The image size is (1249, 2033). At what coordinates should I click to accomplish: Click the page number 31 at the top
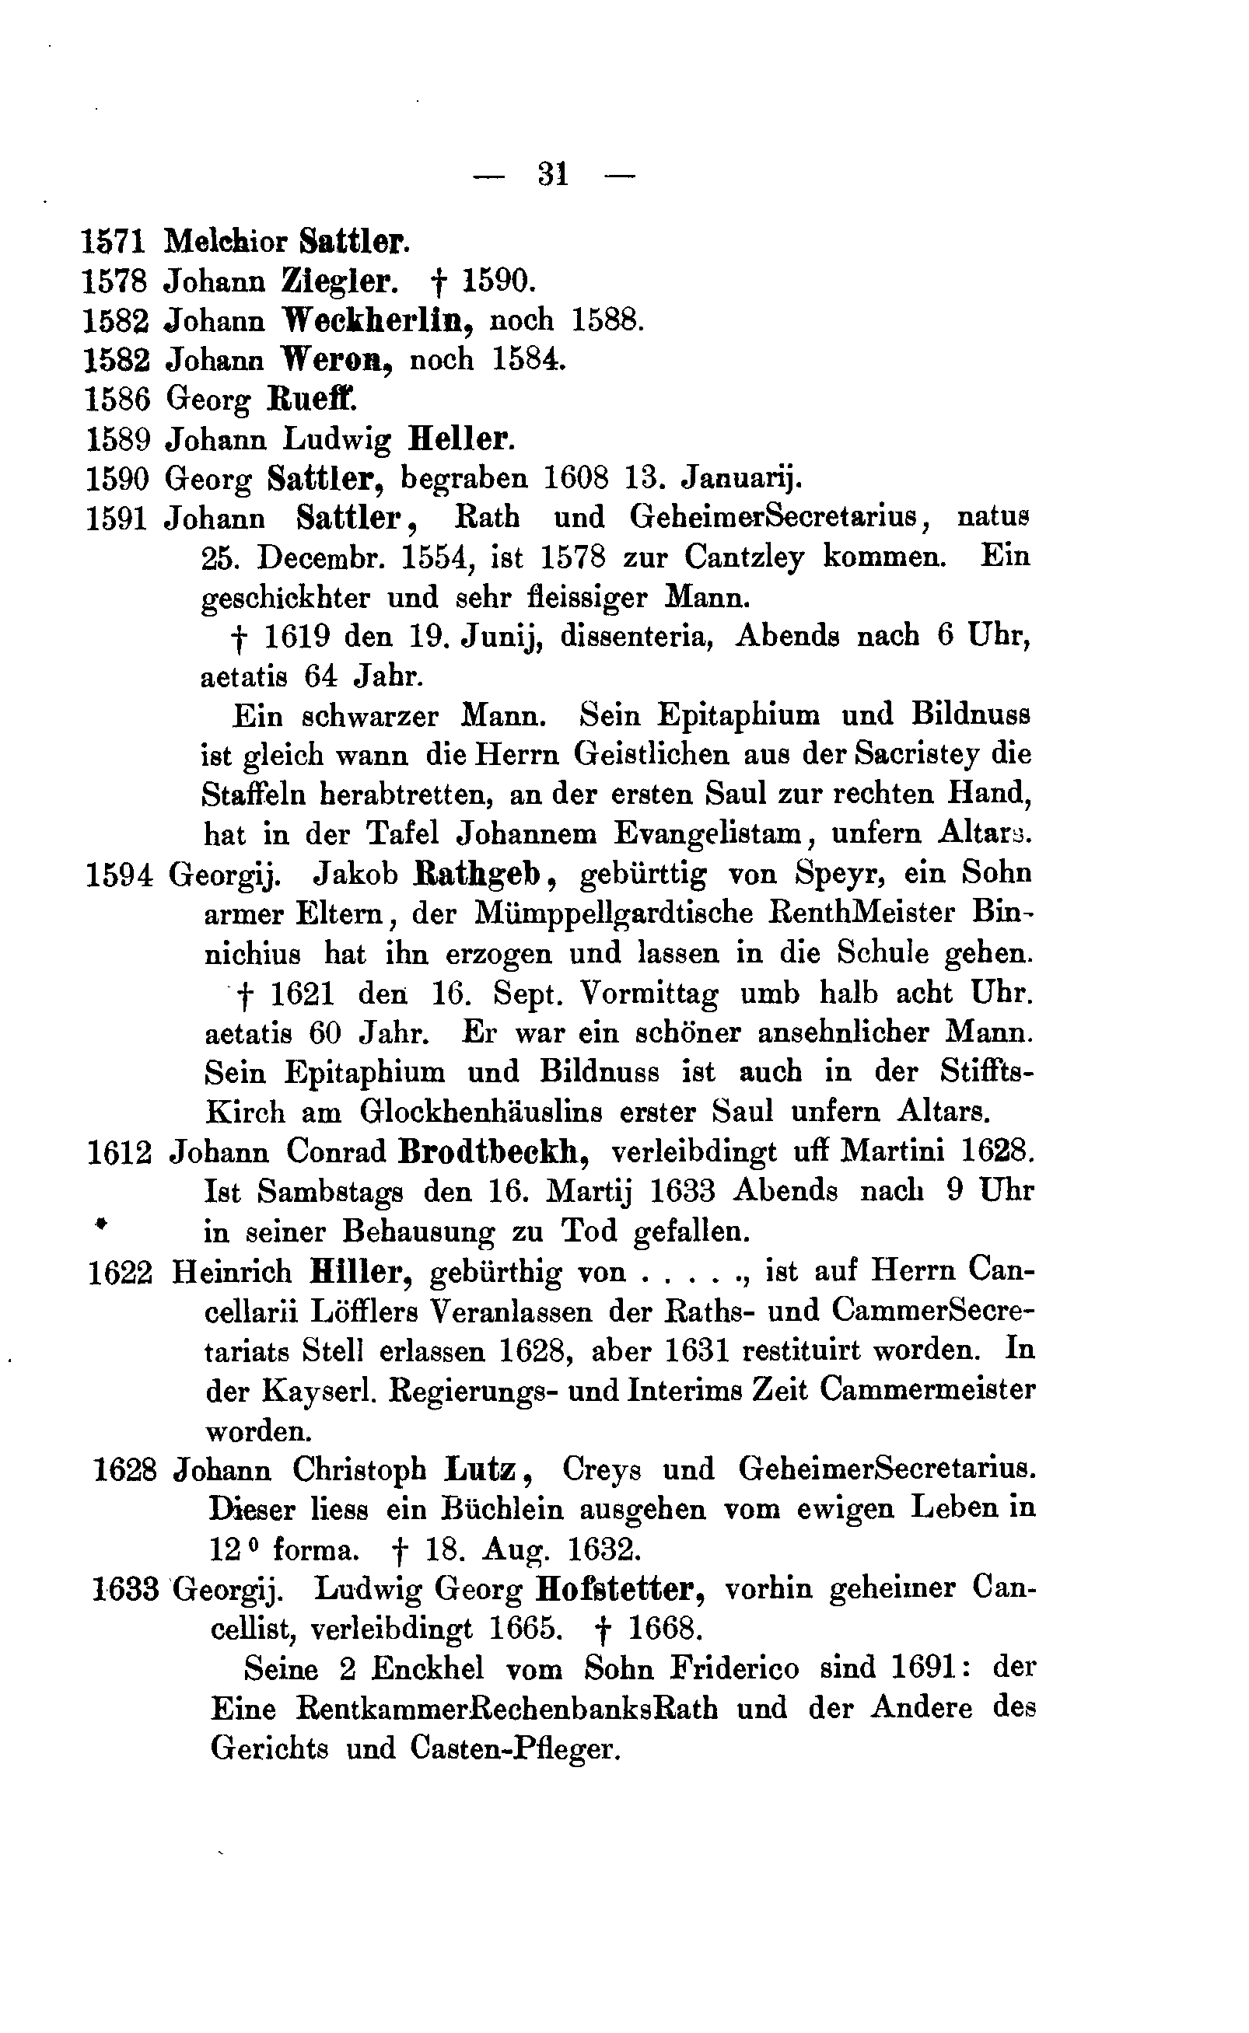[553, 174]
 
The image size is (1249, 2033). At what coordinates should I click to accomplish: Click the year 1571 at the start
[114, 241]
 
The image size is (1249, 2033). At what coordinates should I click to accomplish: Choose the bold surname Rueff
[313, 400]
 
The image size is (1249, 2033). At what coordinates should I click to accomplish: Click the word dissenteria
[636, 637]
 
